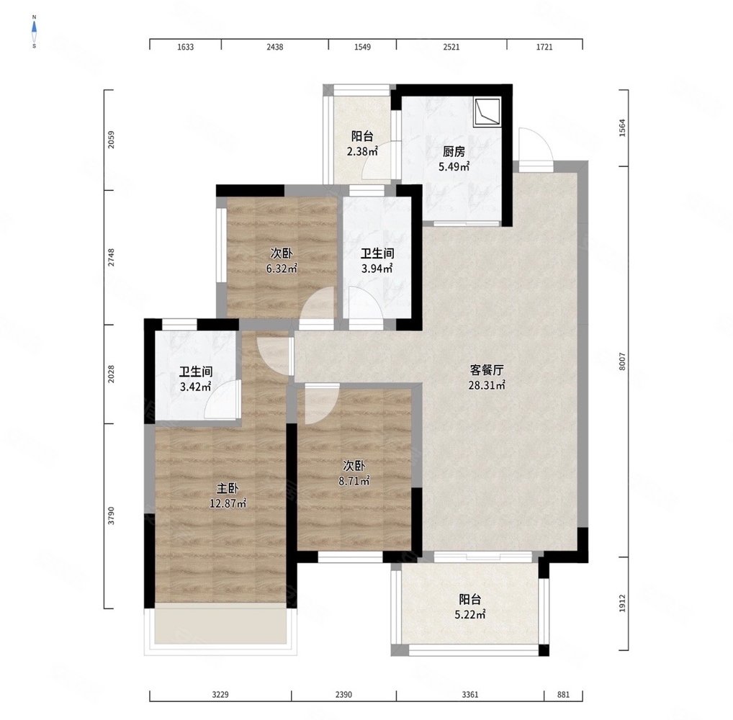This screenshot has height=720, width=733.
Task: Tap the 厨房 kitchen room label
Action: point(454,151)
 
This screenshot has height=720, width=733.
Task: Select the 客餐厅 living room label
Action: point(487,370)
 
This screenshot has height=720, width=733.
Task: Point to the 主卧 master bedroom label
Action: point(228,489)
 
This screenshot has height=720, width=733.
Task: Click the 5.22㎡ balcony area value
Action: point(469,615)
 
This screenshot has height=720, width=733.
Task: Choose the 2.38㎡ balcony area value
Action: point(362,151)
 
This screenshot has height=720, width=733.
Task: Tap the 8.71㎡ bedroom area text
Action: point(354,480)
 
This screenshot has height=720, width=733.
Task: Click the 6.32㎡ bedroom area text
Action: point(282,269)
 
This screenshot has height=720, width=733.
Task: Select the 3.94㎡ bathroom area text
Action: point(377,269)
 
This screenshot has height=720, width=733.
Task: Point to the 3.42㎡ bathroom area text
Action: point(195,387)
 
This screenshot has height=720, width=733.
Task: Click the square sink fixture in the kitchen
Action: point(487,112)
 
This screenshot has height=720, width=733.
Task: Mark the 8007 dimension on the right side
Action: point(621,361)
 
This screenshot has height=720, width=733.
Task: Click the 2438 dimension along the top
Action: point(275,47)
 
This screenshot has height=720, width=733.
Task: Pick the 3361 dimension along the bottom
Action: point(469,695)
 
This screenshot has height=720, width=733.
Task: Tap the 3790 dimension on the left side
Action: point(111,516)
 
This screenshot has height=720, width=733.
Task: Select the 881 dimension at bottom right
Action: point(563,695)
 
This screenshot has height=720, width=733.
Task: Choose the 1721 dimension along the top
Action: point(544,47)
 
